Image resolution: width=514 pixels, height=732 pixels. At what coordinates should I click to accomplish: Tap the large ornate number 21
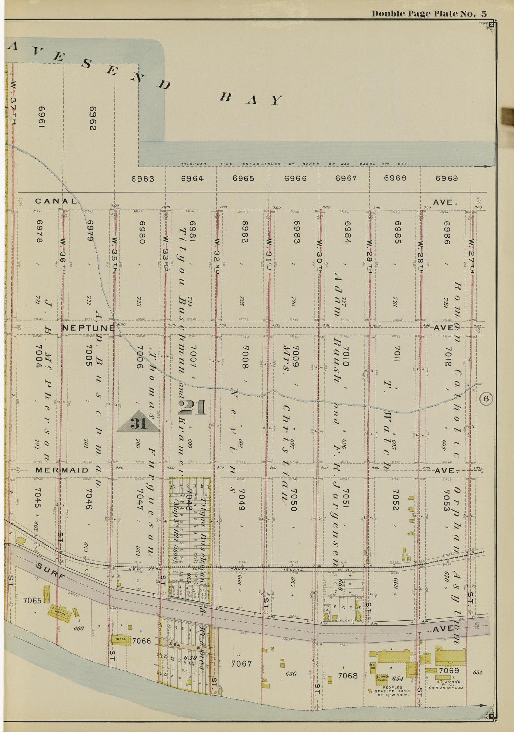(x=192, y=408)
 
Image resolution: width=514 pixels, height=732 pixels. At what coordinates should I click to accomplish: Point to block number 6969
(x=446, y=178)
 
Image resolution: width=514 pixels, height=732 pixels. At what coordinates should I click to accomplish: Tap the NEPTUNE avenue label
(x=88, y=328)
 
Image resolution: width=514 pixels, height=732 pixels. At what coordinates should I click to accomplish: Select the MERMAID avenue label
(x=62, y=470)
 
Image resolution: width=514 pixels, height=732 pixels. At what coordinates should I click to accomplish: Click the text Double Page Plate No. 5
(x=429, y=14)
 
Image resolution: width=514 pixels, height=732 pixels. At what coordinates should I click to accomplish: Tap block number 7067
(x=241, y=664)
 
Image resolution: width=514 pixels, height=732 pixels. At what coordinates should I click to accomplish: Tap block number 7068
(x=347, y=676)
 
